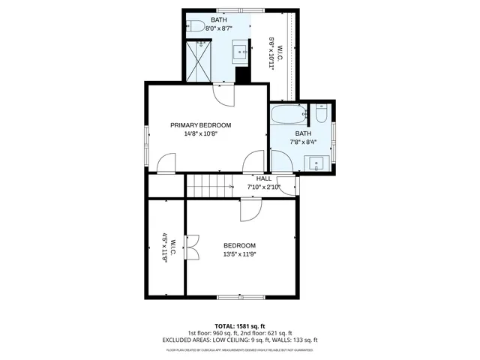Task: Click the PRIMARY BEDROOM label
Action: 200,125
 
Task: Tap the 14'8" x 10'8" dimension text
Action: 200,134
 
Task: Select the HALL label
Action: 264,178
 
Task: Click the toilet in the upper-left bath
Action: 196,26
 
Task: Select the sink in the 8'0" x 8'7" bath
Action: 241,52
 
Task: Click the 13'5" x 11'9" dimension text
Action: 239,254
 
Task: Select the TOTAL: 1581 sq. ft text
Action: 239,326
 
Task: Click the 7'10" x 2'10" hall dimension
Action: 264,187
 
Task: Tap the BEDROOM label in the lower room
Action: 239,245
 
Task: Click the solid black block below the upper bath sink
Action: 242,75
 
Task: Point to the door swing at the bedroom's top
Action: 249,211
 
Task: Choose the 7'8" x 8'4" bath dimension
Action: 302,142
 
